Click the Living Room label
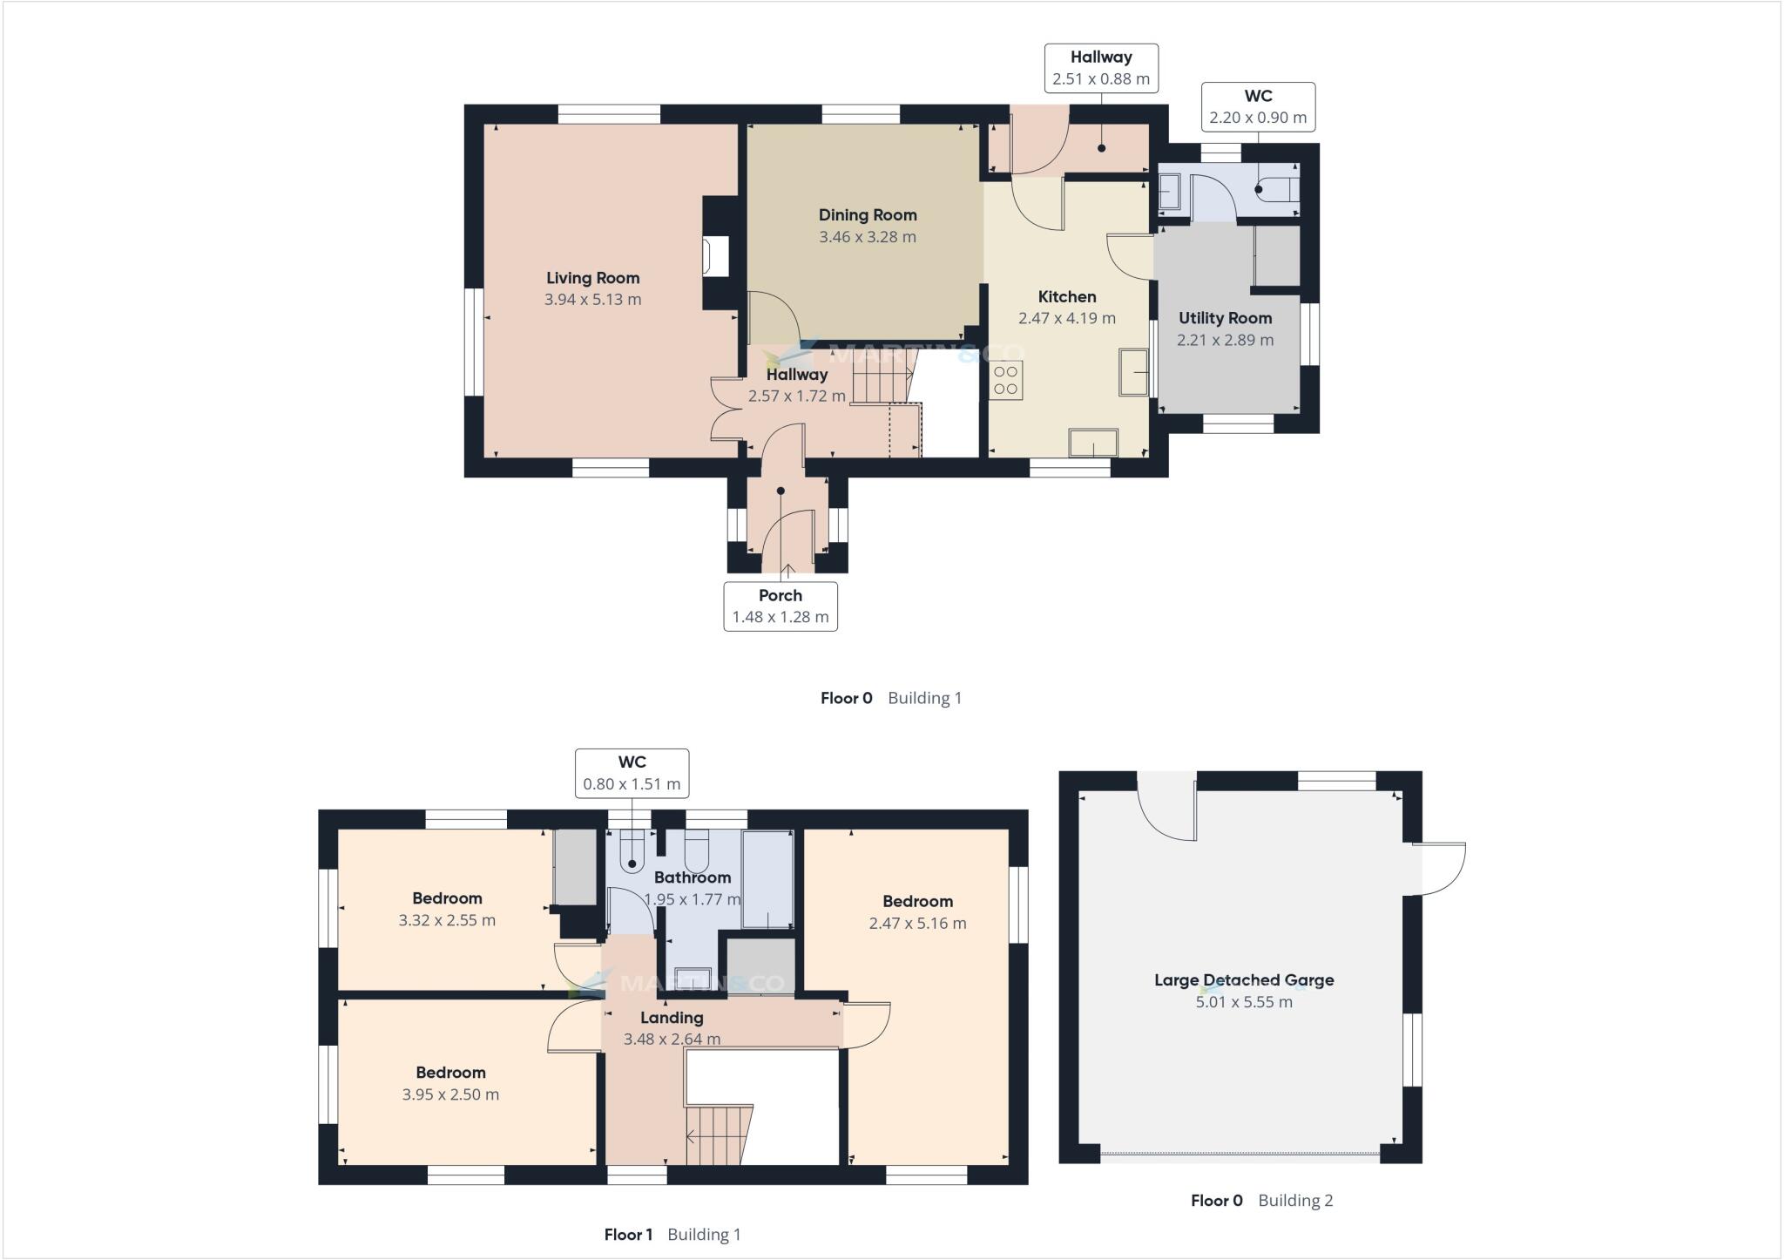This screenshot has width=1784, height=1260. pos(592,278)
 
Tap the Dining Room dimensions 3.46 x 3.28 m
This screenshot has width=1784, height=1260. pos(867,237)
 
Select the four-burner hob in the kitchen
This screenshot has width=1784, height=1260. pos(1006,381)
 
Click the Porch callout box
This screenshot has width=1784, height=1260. pos(780,606)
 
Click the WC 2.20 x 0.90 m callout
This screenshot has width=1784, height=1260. pos(1257,106)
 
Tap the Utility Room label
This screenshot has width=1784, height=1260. pos(1225,318)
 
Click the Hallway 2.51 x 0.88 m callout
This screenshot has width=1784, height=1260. pos(1100,68)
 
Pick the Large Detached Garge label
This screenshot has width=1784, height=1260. pos(1243,980)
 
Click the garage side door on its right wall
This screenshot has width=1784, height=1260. pos(1437,868)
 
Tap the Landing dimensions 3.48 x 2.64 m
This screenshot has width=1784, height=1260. pos(672,1039)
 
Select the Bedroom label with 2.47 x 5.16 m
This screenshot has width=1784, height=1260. pos(917,902)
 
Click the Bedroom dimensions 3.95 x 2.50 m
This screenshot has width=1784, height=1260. pos(450,1094)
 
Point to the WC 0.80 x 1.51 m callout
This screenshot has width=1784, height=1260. pos(632,772)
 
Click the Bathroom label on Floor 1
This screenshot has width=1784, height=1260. pos(692,877)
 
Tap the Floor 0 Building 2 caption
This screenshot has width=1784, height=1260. pos(1260,1200)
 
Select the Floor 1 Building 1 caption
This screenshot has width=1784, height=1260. pos(672,1234)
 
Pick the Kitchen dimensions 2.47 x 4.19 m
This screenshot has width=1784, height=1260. pos(1066,319)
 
